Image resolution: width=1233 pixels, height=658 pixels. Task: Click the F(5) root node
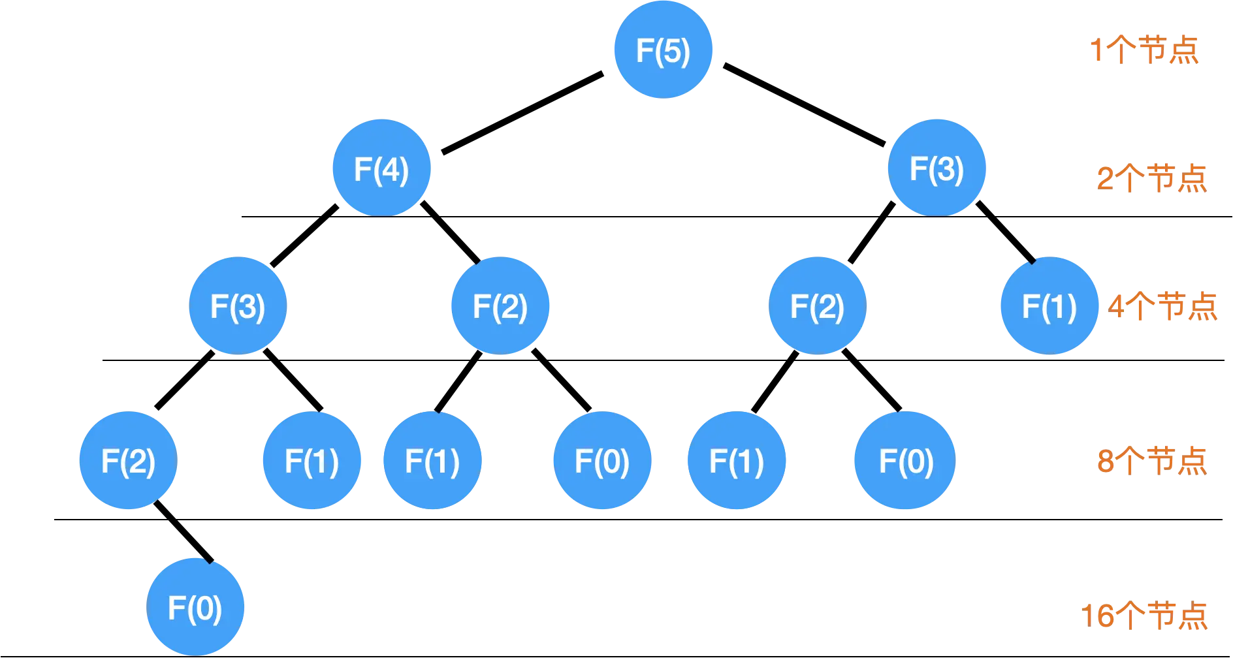tap(663, 50)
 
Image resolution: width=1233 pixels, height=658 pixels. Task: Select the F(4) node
tap(382, 168)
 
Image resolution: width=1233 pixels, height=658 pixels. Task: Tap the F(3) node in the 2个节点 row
tap(937, 168)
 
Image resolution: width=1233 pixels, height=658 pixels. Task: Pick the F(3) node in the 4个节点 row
tap(238, 306)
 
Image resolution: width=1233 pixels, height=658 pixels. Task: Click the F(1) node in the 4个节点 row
tap(1049, 306)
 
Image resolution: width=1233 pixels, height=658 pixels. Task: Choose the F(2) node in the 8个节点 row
tap(128, 461)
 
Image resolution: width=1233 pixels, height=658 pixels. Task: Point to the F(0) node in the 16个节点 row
tap(195, 608)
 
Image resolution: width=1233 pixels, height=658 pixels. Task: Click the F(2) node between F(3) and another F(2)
tap(500, 306)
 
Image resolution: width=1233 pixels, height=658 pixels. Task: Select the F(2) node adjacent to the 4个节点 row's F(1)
tap(818, 306)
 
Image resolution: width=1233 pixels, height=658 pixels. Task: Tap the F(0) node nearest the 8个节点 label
tap(906, 461)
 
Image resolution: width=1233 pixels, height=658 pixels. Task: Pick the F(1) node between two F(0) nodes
tap(737, 461)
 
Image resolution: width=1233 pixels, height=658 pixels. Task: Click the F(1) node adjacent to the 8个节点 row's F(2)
tap(312, 461)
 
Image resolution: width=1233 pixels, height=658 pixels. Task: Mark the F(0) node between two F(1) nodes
tap(602, 461)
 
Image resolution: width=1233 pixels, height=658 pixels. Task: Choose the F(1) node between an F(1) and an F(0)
tap(432, 461)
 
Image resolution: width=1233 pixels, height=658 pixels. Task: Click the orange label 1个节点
tap(1145, 50)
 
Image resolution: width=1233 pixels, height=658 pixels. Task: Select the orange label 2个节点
tap(1151, 178)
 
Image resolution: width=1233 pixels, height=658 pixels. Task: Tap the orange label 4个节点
tap(1162, 305)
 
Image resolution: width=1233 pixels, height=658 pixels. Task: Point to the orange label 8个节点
tap(1151, 460)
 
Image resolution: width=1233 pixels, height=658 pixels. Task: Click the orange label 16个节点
tap(1145, 615)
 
